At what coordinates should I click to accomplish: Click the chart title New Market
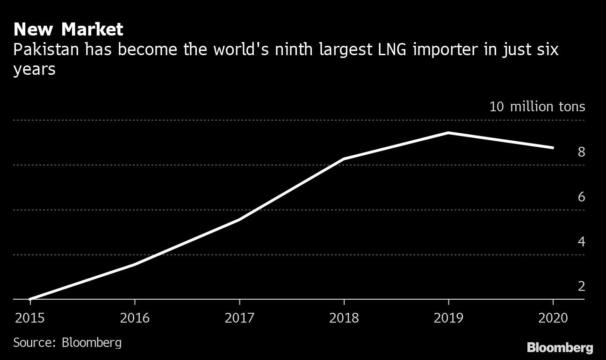[x=68, y=30]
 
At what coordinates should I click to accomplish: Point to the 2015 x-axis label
[x=30, y=318]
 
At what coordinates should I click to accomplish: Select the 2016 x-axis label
[x=135, y=318]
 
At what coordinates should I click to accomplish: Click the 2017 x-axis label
[x=239, y=318]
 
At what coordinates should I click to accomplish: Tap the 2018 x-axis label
[x=344, y=318]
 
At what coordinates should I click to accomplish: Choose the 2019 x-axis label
[x=449, y=318]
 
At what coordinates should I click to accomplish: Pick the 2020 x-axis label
[x=553, y=318]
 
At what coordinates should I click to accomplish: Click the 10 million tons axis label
[x=537, y=107]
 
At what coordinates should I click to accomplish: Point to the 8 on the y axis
[x=581, y=152]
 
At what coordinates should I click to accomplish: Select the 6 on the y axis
[x=581, y=197]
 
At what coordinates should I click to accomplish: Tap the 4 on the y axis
[x=581, y=242]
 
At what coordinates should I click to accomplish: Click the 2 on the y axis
[x=581, y=286]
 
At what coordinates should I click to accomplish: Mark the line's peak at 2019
[x=448, y=133]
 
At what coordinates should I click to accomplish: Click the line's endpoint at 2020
[x=553, y=148]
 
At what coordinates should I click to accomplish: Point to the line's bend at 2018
[x=344, y=159]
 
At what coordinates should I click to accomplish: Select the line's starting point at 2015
[x=30, y=299]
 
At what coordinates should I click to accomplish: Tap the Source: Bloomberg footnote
[x=67, y=342]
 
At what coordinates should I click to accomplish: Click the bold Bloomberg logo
[x=560, y=347]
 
